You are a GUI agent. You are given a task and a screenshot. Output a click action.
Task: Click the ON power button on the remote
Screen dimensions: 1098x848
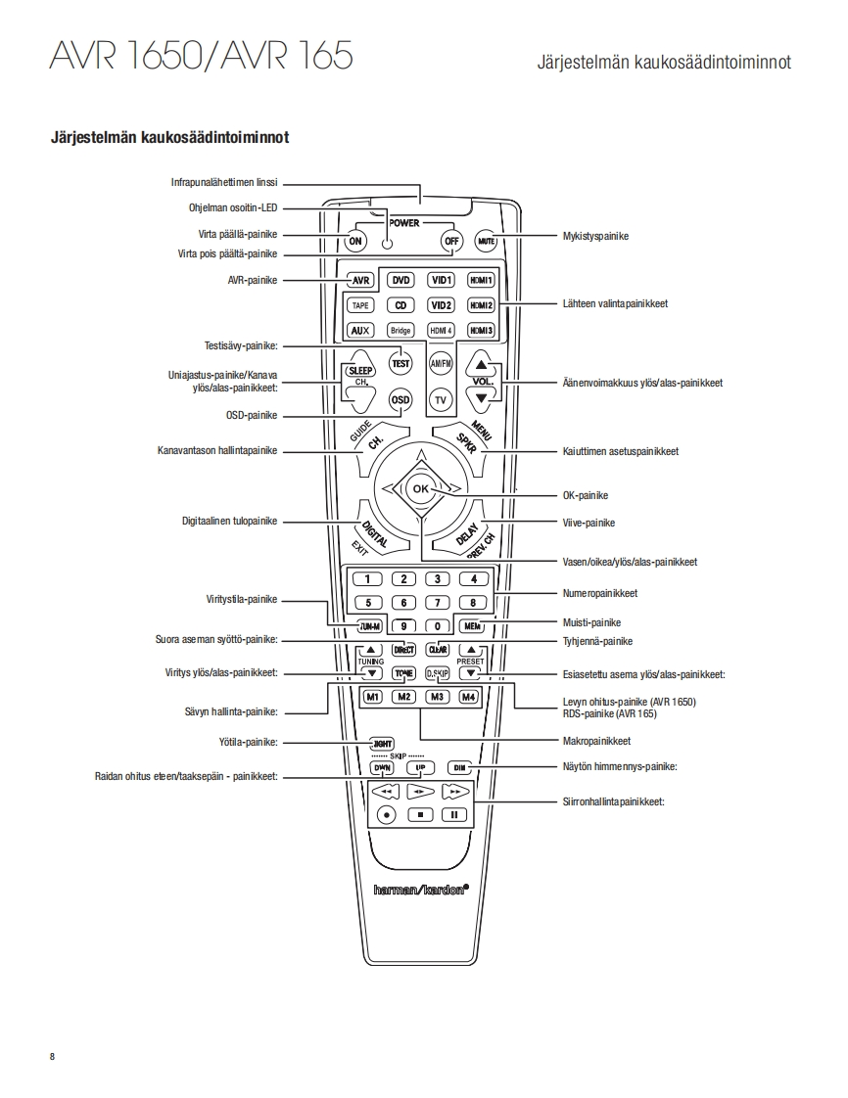355,241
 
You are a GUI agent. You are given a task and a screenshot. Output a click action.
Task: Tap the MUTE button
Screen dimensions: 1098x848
487,241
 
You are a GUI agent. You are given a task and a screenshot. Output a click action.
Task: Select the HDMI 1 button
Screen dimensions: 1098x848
481,280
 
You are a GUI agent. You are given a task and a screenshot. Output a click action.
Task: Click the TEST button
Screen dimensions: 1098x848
400,363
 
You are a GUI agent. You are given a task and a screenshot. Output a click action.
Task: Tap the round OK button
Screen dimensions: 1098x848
420,487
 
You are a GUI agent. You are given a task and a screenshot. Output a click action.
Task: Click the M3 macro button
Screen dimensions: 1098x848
438,697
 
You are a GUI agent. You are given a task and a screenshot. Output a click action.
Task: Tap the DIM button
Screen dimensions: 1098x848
459,767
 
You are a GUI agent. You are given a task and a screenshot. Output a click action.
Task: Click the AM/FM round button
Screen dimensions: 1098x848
441,363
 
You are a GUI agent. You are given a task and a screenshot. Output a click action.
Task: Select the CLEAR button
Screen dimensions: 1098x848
439,649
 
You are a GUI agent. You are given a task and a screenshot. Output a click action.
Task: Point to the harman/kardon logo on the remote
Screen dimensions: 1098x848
421,890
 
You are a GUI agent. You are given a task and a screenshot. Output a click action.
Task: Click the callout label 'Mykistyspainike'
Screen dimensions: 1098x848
595,236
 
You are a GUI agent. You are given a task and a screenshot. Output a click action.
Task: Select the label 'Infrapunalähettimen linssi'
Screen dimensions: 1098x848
224,182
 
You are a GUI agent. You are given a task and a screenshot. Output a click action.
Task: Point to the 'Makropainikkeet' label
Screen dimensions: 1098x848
596,741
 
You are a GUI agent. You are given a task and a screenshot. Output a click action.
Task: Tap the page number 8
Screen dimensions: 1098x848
52,1056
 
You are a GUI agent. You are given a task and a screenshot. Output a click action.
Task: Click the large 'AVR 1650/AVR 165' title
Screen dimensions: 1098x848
201,56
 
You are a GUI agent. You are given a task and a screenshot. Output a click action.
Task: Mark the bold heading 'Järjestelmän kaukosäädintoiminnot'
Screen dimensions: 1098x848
169,137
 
